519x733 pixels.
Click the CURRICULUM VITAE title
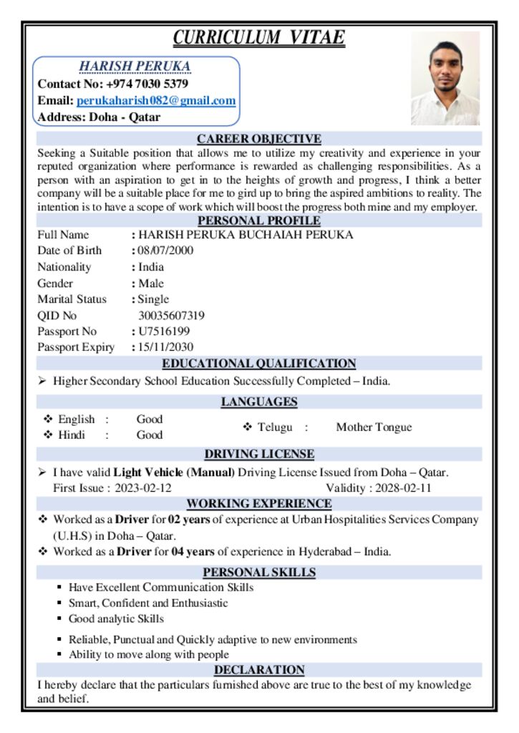259,37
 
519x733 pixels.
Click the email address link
156,101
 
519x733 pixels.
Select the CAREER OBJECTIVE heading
259,139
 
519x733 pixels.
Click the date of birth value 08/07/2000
165,251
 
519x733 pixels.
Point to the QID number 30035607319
171,316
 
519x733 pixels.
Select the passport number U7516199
164,331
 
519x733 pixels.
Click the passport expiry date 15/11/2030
165,347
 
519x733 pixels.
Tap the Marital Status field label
72,299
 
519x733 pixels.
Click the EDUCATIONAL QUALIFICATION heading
259,364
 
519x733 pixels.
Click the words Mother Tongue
374,427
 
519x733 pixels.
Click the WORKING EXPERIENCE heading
259,504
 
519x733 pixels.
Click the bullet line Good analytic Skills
116,619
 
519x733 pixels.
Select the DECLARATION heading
259,670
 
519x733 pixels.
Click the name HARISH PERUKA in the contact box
135,67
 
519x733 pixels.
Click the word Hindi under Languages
71,435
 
